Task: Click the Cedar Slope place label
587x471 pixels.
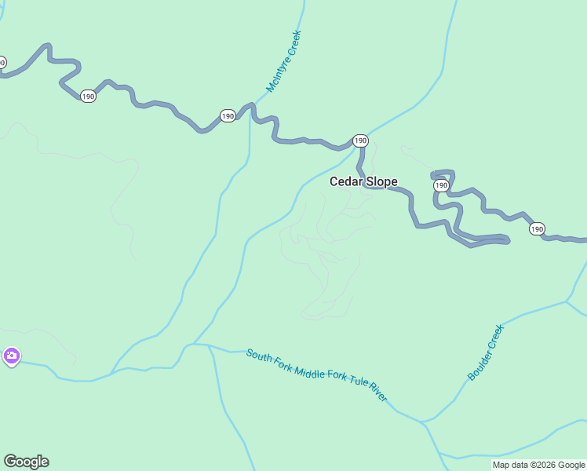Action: pos(363,181)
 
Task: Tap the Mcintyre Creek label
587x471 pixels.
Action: pos(283,62)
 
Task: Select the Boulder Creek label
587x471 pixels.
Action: pos(486,352)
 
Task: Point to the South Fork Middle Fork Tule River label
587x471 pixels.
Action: pos(316,374)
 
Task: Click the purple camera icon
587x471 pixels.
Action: pos(11,356)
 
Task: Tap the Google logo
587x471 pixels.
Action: pos(26,462)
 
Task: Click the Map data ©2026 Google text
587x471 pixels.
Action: pos(538,465)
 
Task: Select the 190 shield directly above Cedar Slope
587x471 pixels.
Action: pos(359,141)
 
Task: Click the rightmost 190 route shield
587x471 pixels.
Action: pos(536,228)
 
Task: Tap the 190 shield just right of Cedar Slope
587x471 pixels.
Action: pos(441,185)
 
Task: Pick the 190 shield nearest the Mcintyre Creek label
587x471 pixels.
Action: pos(228,115)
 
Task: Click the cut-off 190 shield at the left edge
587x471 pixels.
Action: pos(2,62)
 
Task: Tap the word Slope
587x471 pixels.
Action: pos(381,181)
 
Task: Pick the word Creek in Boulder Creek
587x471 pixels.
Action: pos(495,338)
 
